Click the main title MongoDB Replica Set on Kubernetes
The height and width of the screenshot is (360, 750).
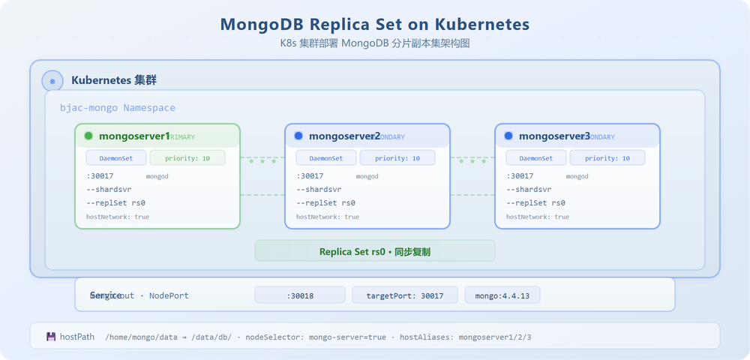[375, 24]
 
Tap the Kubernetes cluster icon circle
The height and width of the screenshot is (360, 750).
[52, 80]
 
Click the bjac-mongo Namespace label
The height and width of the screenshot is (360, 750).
[118, 108]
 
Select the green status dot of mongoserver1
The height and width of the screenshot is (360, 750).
[88, 136]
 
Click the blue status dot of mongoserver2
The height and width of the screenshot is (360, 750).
[298, 136]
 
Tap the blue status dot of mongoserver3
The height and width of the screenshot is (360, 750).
[508, 136]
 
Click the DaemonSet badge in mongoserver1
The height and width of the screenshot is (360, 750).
[116, 158]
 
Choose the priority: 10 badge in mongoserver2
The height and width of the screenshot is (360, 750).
[397, 158]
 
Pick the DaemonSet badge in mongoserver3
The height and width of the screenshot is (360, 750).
[536, 158]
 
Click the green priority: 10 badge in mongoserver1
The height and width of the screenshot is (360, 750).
[187, 158]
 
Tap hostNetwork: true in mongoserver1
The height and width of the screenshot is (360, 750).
[118, 217]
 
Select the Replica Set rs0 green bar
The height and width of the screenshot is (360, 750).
[375, 251]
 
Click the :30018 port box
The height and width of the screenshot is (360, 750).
[300, 295]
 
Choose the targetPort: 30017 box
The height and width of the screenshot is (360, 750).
[404, 295]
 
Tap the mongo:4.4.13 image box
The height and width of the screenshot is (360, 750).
[502, 295]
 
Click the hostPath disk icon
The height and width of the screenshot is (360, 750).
[51, 337]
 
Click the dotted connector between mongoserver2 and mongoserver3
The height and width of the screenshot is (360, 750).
[472, 160]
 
